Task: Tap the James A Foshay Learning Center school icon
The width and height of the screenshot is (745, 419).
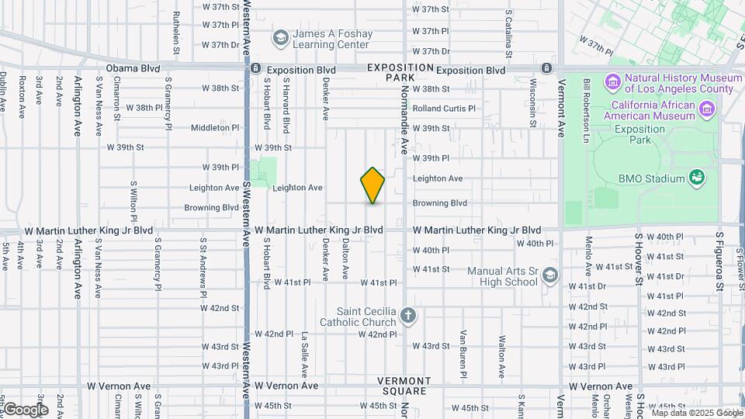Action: (x=280, y=37)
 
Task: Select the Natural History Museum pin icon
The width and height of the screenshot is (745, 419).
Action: (x=612, y=81)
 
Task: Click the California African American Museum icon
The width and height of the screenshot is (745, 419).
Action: (x=707, y=110)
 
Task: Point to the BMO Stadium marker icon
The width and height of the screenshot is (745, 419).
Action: (x=697, y=178)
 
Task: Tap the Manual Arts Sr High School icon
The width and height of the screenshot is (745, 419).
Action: (x=550, y=275)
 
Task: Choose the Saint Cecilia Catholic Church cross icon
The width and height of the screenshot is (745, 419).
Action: (x=409, y=316)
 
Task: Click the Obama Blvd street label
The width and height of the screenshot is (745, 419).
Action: (x=133, y=68)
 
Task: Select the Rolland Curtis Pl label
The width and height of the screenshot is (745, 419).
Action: (x=443, y=109)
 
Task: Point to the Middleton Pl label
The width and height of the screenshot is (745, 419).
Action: (x=215, y=127)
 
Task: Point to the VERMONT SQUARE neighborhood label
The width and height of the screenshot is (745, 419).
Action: (x=404, y=386)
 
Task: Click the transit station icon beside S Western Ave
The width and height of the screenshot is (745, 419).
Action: (x=255, y=69)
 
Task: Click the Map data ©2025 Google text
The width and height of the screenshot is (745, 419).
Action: (x=697, y=413)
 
